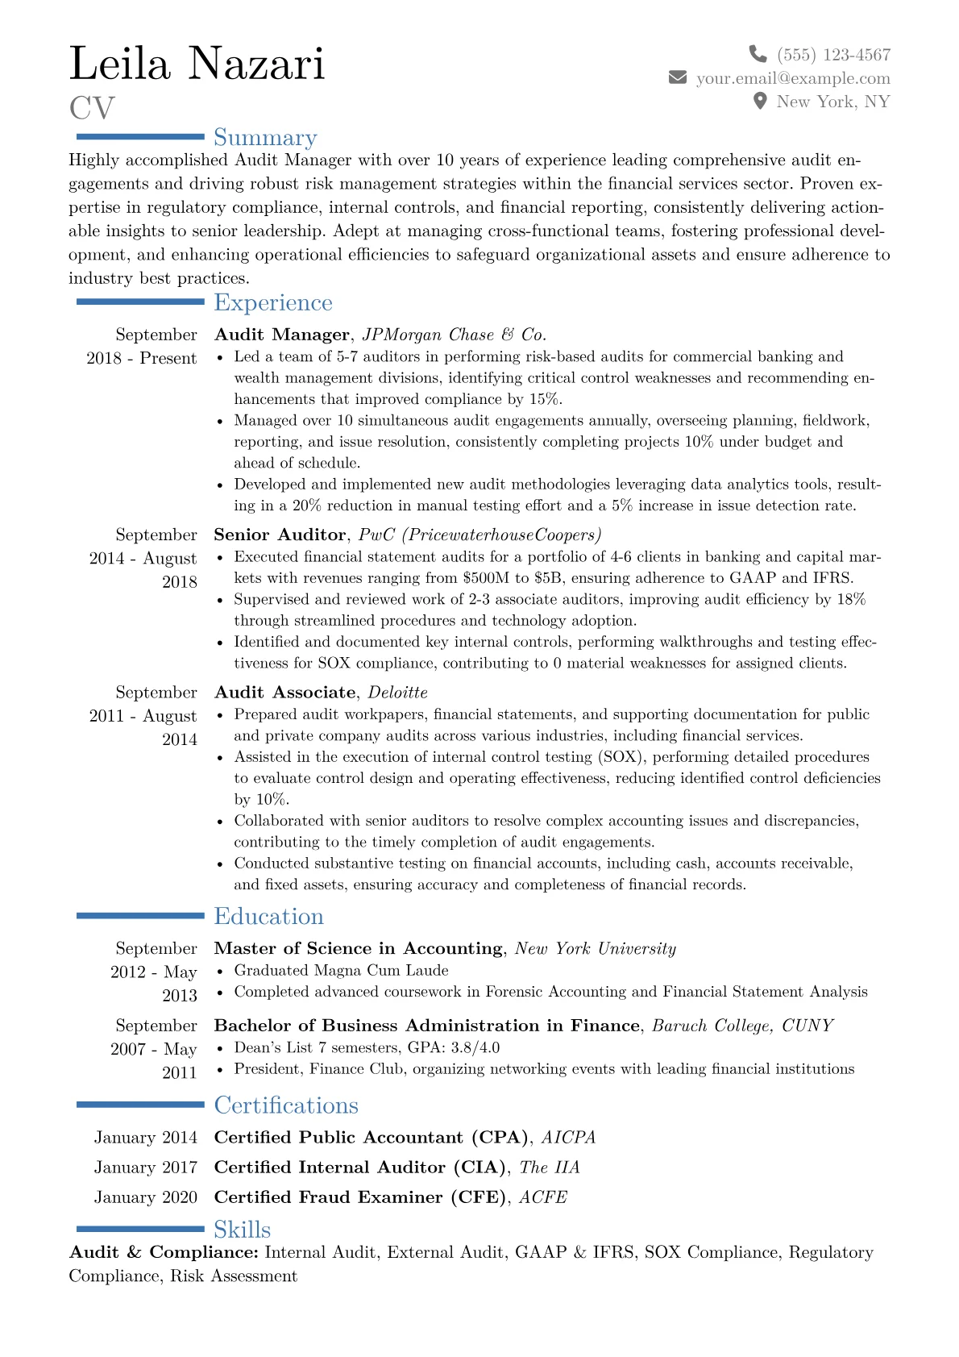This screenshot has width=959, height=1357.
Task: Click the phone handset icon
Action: [x=758, y=54]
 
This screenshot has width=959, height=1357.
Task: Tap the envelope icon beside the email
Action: [x=678, y=77]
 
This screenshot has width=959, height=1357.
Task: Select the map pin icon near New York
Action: [x=759, y=101]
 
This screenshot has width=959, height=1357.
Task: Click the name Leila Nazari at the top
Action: [x=197, y=64]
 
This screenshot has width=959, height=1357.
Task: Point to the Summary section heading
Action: [x=265, y=138]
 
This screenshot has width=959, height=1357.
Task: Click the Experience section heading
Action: [x=272, y=302]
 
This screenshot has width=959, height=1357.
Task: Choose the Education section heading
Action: [x=268, y=916]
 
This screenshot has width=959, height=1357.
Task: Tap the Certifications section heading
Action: [x=286, y=1105]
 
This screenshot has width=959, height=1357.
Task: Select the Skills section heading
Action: [x=242, y=1229]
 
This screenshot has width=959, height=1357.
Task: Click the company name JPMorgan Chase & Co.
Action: [x=455, y=335]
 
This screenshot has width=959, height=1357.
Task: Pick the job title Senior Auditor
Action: [x=280, y=535]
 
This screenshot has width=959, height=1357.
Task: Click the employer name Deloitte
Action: [x=398, y=693]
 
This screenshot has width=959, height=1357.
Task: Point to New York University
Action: [x=596, y=948]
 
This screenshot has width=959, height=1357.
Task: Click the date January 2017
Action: [x=146, y=1167]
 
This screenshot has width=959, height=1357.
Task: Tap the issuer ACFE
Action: [x=543, y=1197]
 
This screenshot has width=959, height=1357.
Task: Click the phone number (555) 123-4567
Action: [x=833, y=55]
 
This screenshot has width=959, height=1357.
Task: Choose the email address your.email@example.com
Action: [x=793, y=78]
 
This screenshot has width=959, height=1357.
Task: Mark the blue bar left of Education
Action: [x=140, y=916]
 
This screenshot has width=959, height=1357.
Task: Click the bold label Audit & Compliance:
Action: [x=164, y=1252]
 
